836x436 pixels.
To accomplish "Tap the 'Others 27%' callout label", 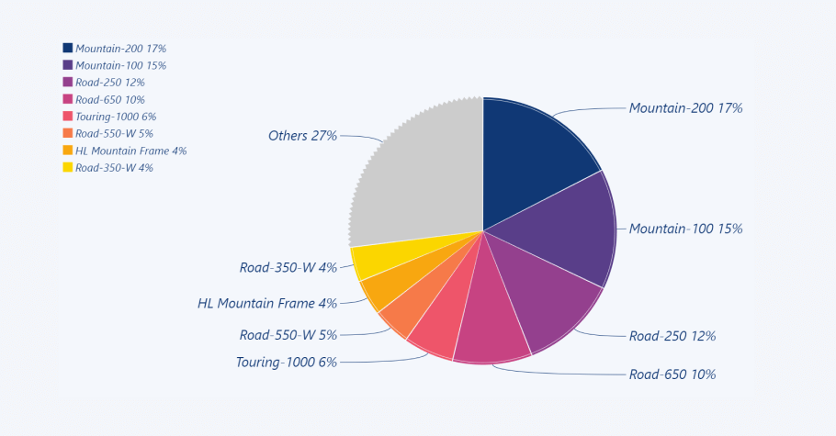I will pyautogui.click(x=302, y=136).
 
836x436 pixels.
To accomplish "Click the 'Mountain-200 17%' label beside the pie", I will pyautogui.click(x=685, y=108).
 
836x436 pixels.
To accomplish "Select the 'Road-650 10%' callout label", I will pyautogui.click(x=672, y=375).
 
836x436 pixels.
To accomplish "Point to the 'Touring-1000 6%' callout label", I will pyautogui.click(x=286, y=362).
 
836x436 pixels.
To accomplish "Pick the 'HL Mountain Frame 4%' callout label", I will pyautogui.click(x=266, y=303).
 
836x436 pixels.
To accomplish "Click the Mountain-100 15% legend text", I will pyautogui.click(x=120, y=65).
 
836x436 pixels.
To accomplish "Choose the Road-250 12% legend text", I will pyautogui.click(x=109, y=83).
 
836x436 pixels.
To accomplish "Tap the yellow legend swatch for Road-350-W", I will pyautogui.click(x=68, y=167).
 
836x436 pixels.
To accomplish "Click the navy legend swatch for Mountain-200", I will pyautogui.click(x=68, y=48).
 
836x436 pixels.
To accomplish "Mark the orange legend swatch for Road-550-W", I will pyautogui.click(x=68, y=133).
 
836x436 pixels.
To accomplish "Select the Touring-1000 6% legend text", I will pyautogui.click(x=116, y=117).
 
